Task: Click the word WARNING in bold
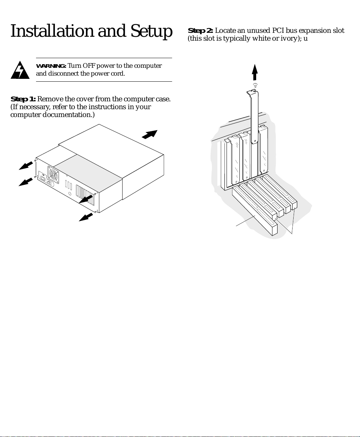[x=51, y=66]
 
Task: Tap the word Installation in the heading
[x=52, y=31]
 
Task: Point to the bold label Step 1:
[x=23, y=99]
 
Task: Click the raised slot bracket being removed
[x=254, y=118]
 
